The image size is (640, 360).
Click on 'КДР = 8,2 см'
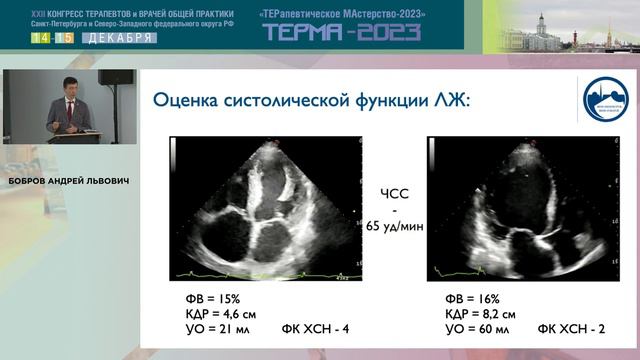point(481,313)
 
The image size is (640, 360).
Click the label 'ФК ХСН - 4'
point(315,329)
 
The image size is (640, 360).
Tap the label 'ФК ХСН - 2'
point(571,329)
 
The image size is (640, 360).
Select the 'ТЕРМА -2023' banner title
point(341,32)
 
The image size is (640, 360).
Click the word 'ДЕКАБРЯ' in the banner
point(116,38)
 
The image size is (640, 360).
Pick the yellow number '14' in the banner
point(41,38)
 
